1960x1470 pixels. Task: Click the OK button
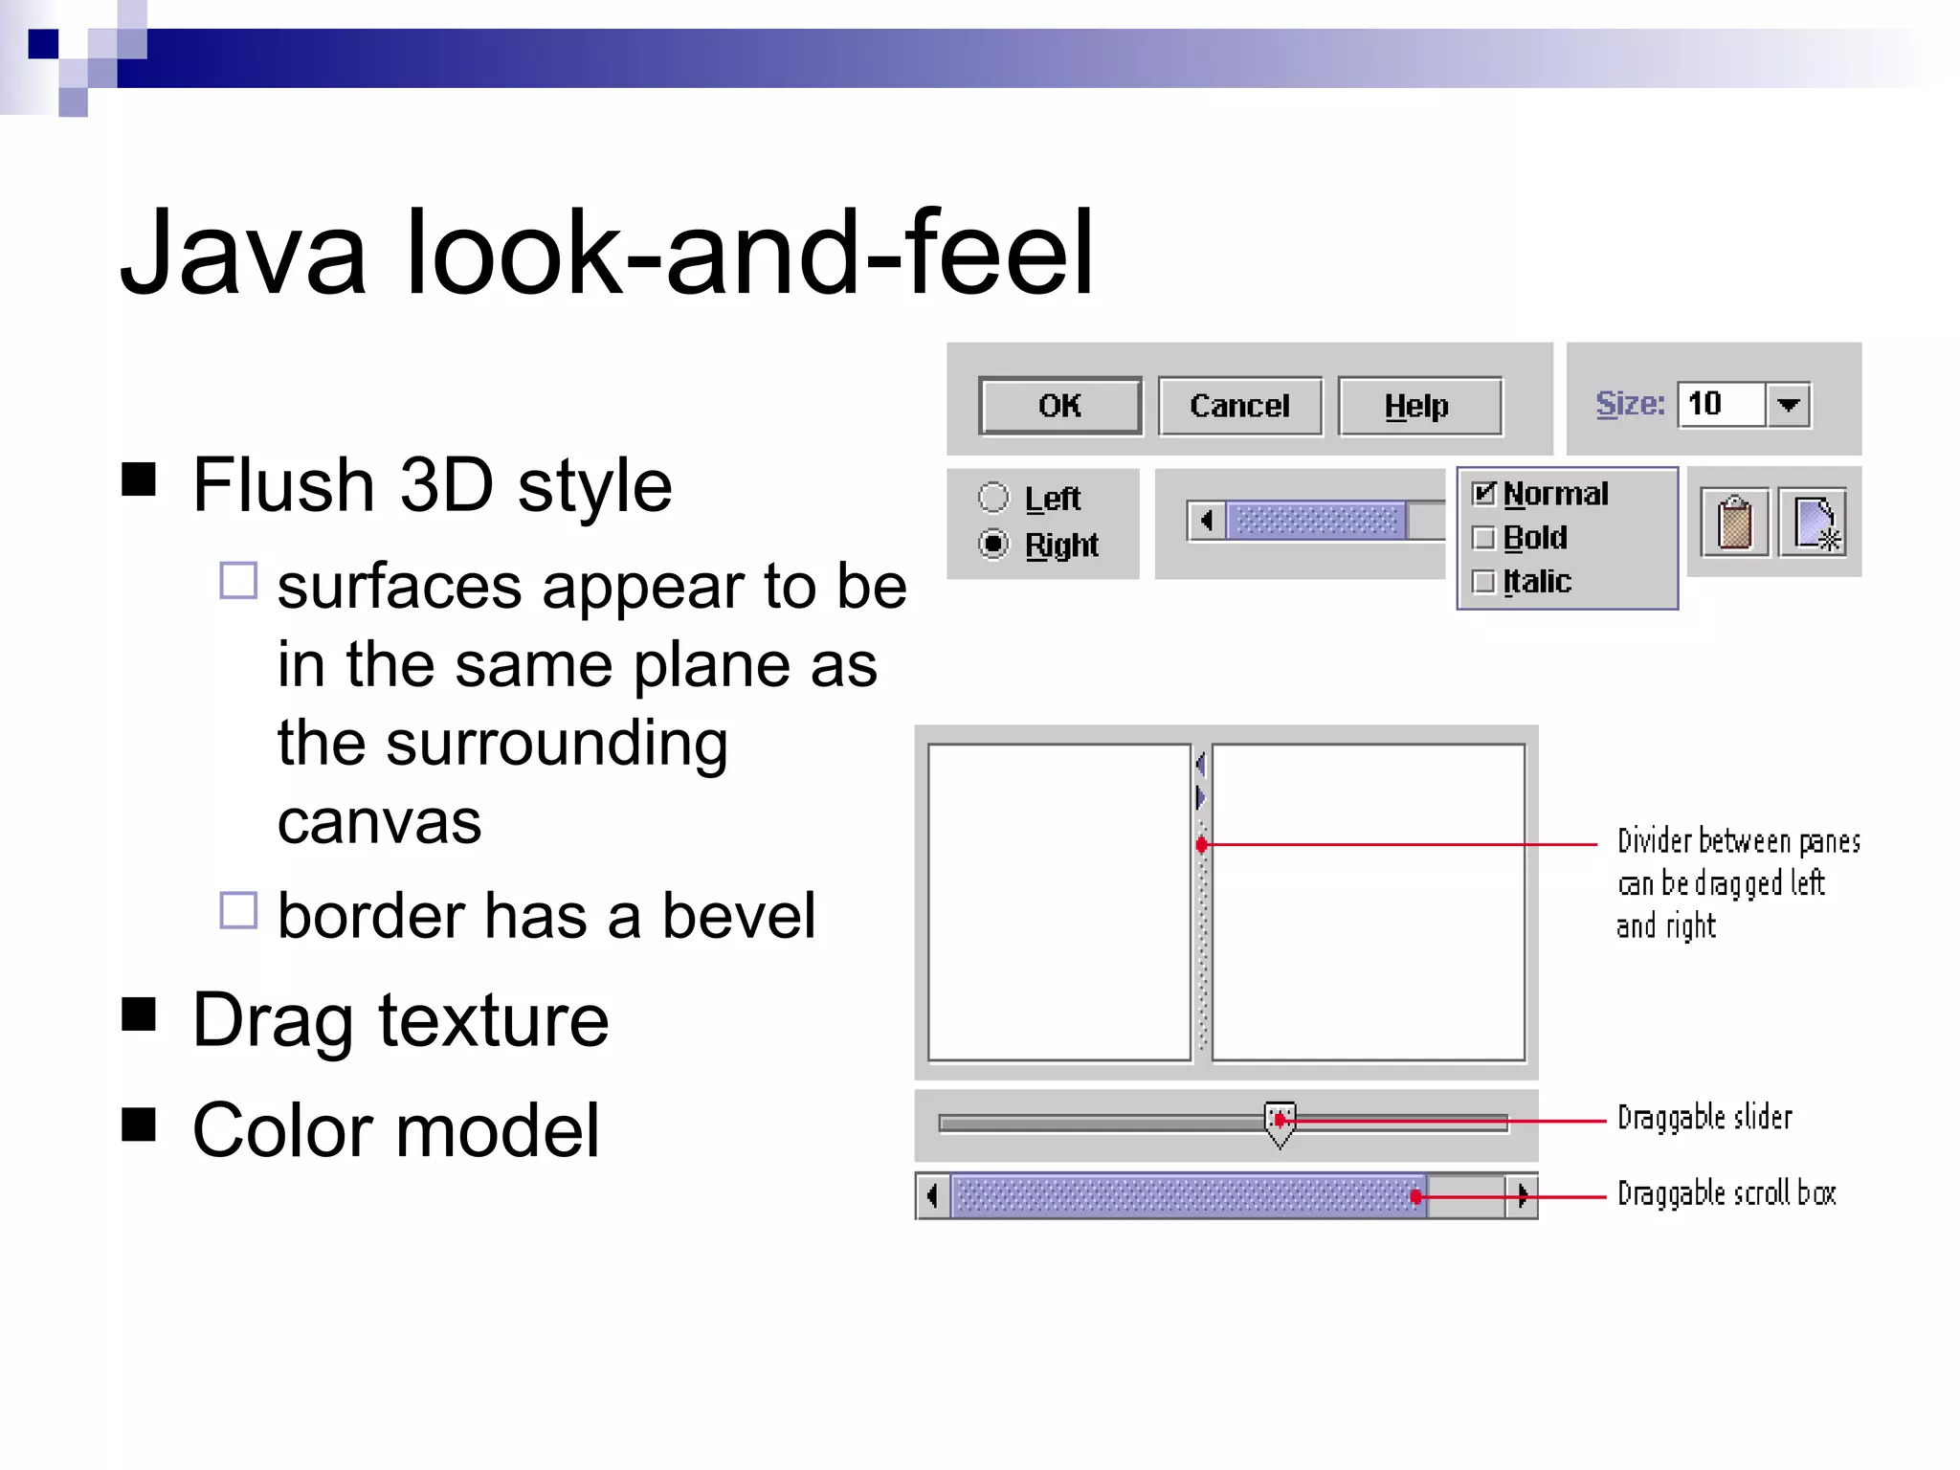(x=1059, y=406)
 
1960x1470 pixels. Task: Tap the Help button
(x=1418, y=406)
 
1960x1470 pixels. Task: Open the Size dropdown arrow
(x=1788, y=405)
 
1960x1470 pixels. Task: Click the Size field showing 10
(x=1721, y=404)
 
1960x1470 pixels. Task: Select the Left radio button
(x=993, y=498)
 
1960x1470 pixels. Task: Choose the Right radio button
(x=993, y=545)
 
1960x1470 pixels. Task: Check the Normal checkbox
(x=1483, y=494)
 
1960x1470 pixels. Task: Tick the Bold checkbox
(x=1483, y=538)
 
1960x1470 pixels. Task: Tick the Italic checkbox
(x=1483, y=582)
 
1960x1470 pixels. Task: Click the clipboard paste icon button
(x=1734, y=523)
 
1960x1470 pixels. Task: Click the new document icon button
(x=1814, y=523)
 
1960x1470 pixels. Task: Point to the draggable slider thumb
(x=1280, y=1122)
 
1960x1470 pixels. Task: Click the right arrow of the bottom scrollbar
(x=1522, y=1195)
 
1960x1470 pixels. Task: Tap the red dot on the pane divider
(x=1202, y=845)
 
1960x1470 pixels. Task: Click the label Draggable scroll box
(x=1726, y=1194)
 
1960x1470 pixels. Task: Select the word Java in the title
(x=243, y=255)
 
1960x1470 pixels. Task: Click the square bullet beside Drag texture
(x=139, y=1014)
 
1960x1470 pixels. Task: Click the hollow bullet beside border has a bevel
(x=238, y=910)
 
